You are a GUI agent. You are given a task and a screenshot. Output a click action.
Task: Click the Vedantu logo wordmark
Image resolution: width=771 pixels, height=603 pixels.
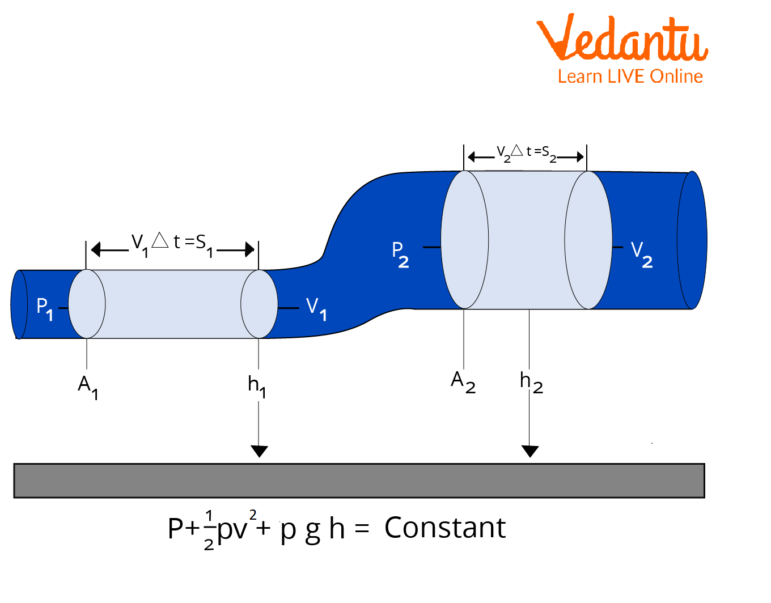coord(622,39)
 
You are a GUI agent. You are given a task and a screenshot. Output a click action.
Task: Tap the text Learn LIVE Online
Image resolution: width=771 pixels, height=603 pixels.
coord(630,77)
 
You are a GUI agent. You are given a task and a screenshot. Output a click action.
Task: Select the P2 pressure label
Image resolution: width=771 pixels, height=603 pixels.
coord(400,254)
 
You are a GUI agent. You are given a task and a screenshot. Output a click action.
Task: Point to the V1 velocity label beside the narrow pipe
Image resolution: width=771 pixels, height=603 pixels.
coord(316,309)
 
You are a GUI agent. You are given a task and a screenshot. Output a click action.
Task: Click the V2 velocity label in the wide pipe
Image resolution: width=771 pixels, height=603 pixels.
coord(642,254)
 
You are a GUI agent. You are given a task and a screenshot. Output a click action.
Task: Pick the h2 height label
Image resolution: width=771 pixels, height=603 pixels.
coord(531,382)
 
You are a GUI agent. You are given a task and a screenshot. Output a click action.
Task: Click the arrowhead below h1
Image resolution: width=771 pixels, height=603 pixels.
coord(259,451)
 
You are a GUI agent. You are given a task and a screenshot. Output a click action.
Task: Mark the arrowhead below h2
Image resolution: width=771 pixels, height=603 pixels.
coord(530,451)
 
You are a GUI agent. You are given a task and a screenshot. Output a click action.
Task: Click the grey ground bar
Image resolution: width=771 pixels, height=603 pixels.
coord(359,481)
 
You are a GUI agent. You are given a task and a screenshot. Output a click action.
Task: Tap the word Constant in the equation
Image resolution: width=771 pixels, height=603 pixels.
coord(444,528)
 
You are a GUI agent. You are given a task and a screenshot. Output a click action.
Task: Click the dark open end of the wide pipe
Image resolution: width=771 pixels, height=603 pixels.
coord(692,240)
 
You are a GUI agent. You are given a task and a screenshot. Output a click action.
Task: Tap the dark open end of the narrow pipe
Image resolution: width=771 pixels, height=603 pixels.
coord(19,304)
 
